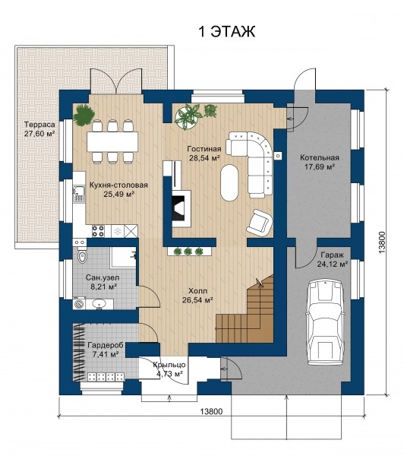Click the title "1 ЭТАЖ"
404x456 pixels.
tap(226, 31)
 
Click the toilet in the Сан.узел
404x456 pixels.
tap(82, 257)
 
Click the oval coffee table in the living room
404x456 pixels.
tap(229, 182)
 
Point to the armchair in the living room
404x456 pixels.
tap(260, 222)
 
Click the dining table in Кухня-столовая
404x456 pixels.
tap(112, 141)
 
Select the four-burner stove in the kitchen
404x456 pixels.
tap(98, 231)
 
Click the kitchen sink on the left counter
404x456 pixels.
tap(78, 194)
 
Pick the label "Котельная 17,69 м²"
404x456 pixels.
tap(320, 162)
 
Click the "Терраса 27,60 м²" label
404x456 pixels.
tap(39, 128)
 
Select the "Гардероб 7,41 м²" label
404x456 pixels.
tap(106, 350)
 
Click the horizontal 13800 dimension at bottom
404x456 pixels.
tap(211, 411)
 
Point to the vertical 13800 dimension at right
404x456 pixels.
tap(382, 242)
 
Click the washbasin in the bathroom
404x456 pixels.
tap(99, 304)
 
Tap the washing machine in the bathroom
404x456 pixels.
tap(79, 303)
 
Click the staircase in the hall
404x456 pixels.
tap(245, 310)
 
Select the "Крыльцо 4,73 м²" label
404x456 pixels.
tap(169, 369)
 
